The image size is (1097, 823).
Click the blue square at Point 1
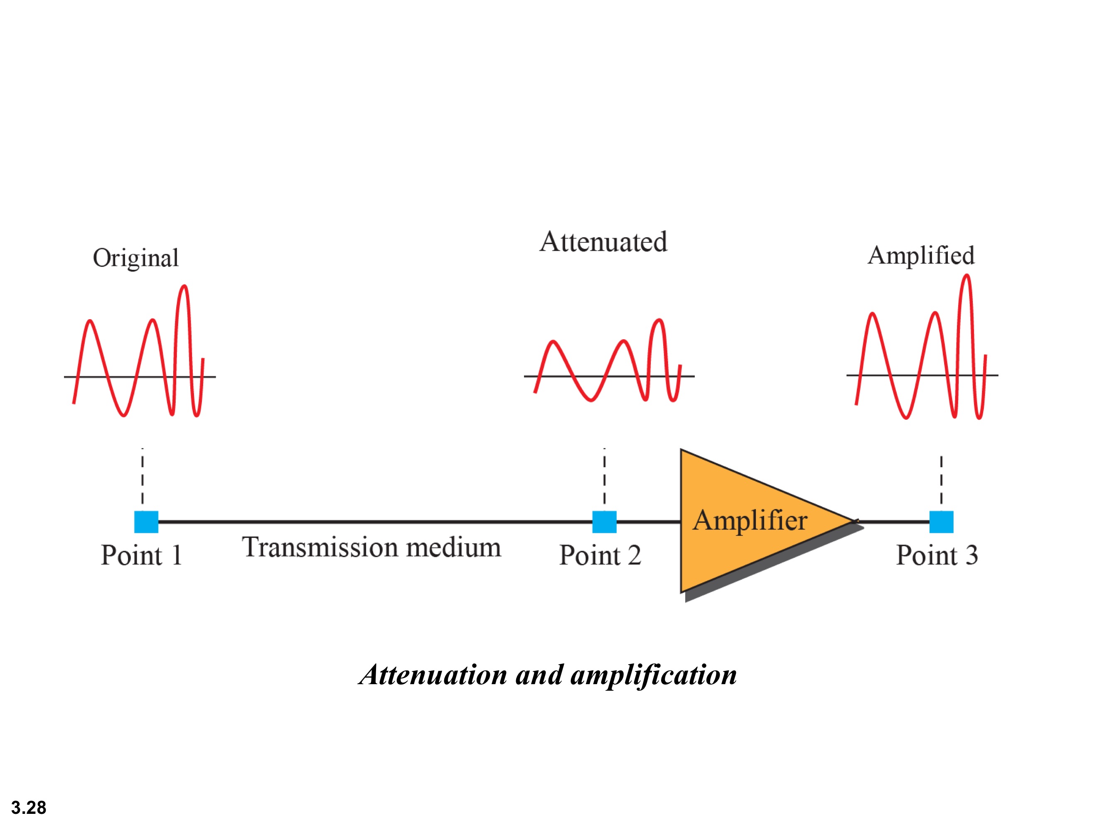(146, 522)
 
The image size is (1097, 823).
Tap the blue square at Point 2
(605, 522)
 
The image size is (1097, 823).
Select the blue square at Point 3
(941, 522)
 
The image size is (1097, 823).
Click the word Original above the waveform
(135, 258)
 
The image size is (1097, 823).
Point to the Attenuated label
(603, 242)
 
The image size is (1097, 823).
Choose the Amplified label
(921, 256)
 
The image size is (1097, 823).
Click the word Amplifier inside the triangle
(750, 521)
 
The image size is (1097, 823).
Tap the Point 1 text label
(141, 555)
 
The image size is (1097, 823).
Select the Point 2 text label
(600, 555)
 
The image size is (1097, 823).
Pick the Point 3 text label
(937, 555)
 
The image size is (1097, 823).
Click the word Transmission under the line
(320, 547)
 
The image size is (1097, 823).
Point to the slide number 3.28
(29, 808)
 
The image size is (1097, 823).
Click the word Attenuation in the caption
(434, 675)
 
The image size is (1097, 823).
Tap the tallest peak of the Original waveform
(184, 286)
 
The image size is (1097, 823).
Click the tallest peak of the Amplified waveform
(967, 276)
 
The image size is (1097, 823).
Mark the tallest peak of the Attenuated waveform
(659, 320)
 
